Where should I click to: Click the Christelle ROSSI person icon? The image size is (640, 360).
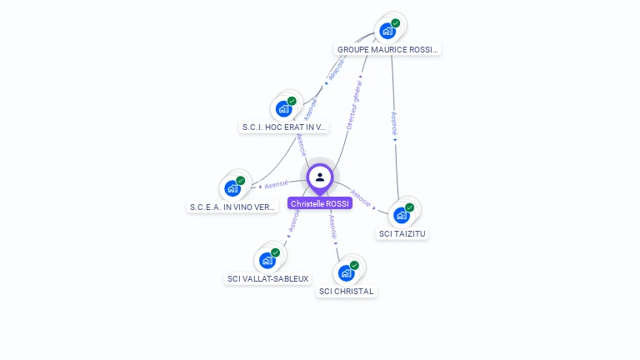coord(320,177)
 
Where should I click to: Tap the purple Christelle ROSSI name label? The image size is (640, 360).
coord(320,203)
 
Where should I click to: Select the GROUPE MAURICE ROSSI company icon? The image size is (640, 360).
coord(387,32)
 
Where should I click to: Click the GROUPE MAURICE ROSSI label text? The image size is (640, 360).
coord(387,50)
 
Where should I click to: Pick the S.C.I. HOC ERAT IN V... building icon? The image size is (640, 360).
coord(283,109)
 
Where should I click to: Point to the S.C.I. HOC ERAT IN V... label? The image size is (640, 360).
coord(283,127)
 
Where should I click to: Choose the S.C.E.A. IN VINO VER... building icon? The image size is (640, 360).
coord(232,188)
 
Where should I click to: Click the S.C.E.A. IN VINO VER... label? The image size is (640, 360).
coord(232,207)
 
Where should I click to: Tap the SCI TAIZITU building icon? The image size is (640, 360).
coord(402,215)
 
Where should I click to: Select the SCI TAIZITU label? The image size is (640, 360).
coord(402,234)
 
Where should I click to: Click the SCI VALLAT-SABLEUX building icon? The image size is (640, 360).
coord(267,260)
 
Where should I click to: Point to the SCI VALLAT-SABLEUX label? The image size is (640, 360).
coord(268,279)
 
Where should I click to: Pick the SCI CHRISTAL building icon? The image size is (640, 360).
coord(346,272)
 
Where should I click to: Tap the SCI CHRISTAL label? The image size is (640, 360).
coord(347,292)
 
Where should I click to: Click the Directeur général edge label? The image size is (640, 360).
coord(354,104)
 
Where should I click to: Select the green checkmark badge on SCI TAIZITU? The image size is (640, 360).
coord(410,207)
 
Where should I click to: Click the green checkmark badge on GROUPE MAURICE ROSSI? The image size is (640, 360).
coord(396,23)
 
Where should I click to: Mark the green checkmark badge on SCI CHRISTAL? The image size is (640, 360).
coord(354,265)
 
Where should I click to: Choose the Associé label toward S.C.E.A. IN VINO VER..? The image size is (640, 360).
coord(276,184)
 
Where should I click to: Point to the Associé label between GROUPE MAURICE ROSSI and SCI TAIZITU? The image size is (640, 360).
coord(394,123)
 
